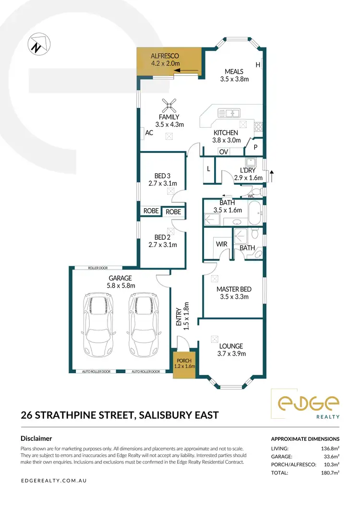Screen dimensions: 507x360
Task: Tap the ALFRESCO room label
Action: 165,56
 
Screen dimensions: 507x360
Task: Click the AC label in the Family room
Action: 149,133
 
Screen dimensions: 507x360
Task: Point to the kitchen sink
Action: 229,113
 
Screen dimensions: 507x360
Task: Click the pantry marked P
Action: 255,147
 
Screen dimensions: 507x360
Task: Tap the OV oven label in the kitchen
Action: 223,152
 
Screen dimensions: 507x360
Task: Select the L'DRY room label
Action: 249,170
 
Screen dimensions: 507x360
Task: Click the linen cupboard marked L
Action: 208,170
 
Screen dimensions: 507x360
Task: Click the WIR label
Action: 221,244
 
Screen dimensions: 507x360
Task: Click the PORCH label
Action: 184,361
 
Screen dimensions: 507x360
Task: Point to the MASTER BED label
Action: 234,289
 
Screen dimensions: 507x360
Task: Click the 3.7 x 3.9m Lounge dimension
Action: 231,354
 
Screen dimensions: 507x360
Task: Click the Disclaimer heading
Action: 36,438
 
